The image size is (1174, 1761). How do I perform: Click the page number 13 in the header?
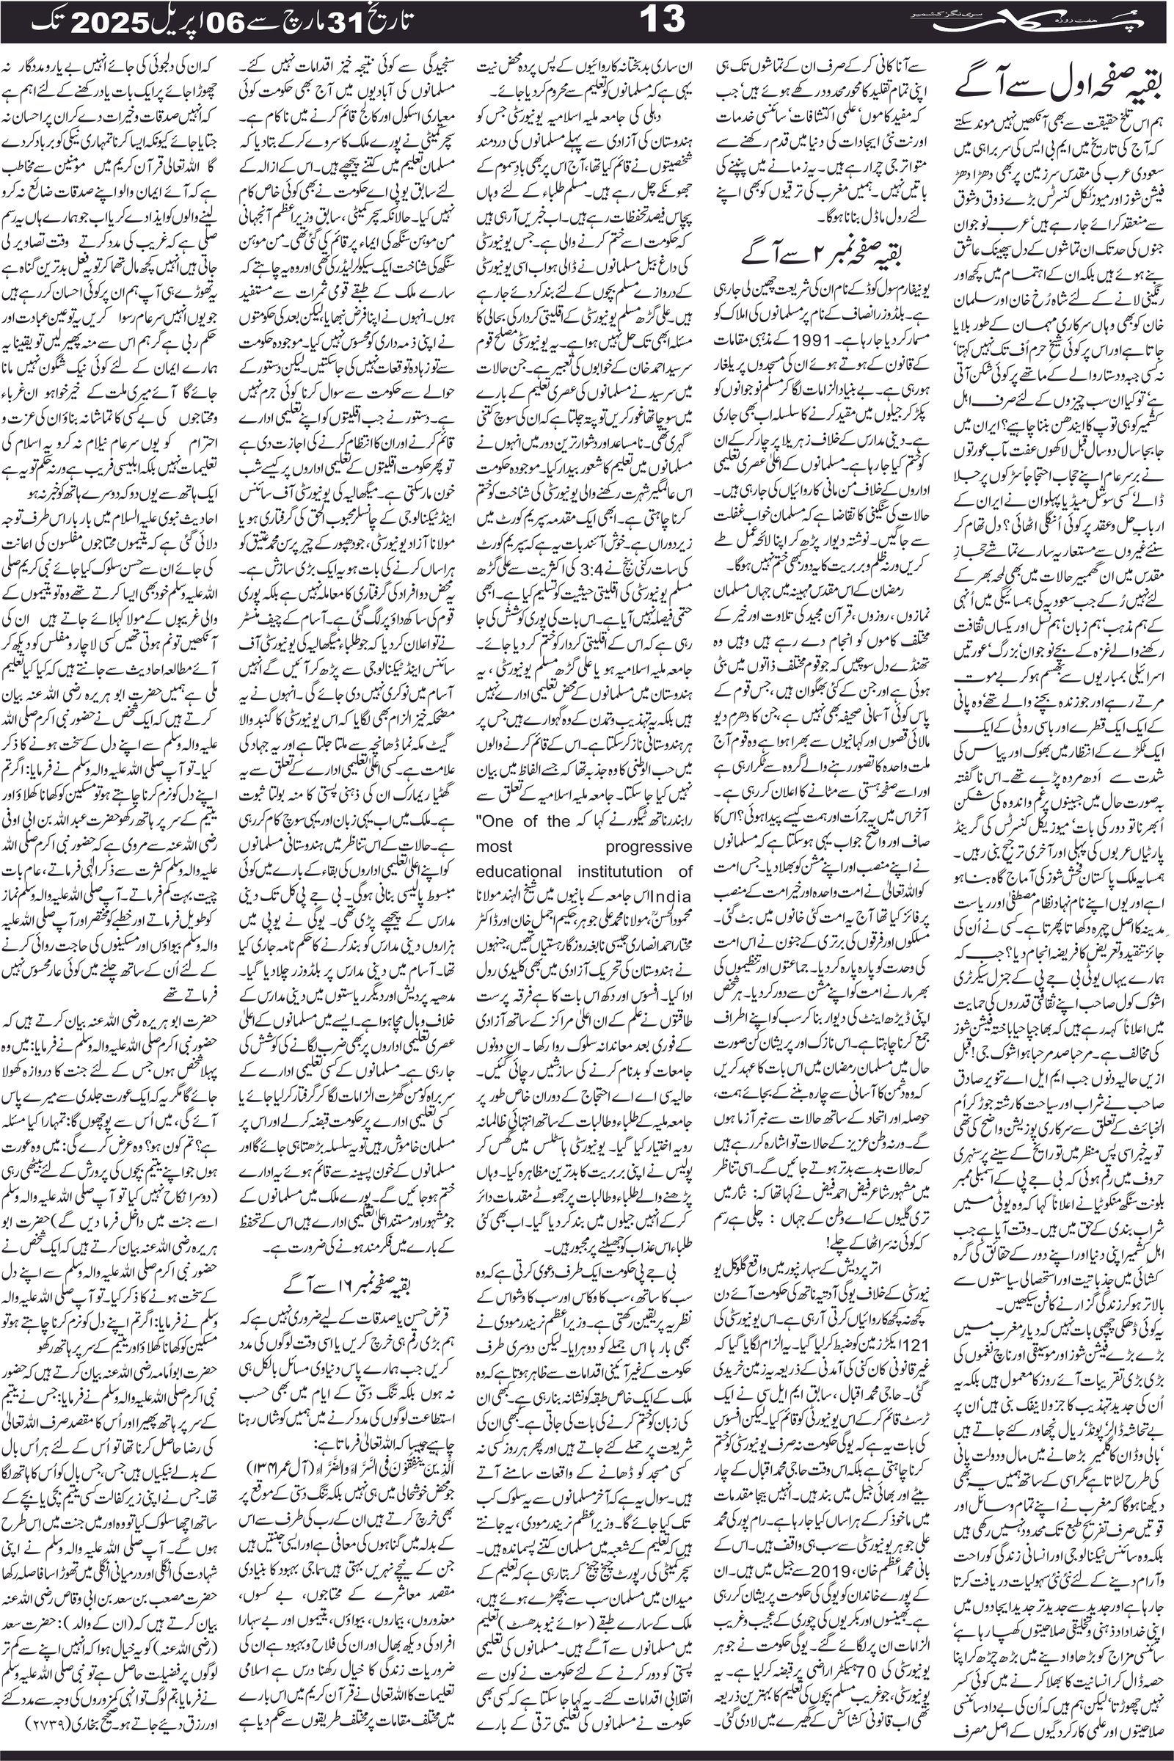pyautogui.click(x=663, y=20)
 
